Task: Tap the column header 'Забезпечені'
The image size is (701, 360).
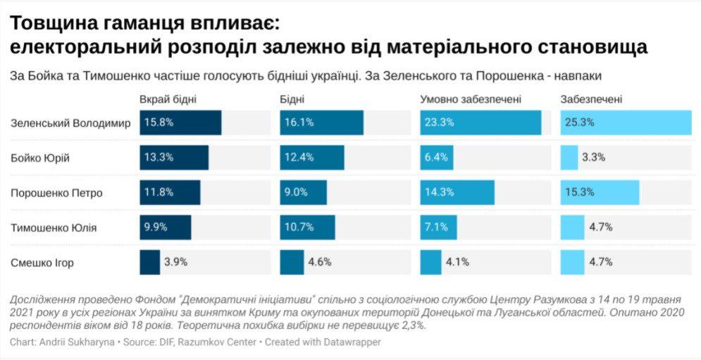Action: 591,99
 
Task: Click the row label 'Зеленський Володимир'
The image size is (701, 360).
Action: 70,123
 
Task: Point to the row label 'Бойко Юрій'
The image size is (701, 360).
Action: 40,158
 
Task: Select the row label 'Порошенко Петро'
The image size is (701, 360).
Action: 56,193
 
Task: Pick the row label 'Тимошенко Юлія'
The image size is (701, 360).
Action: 54,228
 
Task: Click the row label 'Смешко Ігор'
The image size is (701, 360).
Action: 42,263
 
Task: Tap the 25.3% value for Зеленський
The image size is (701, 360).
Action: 580,123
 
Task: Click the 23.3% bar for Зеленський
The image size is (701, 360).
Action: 480,123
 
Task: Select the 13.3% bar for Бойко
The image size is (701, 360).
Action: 174,158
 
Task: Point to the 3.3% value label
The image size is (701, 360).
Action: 594,158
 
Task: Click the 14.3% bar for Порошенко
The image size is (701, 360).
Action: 457,193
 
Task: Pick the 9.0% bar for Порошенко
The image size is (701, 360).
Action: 303,193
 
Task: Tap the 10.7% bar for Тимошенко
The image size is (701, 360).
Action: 307,228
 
